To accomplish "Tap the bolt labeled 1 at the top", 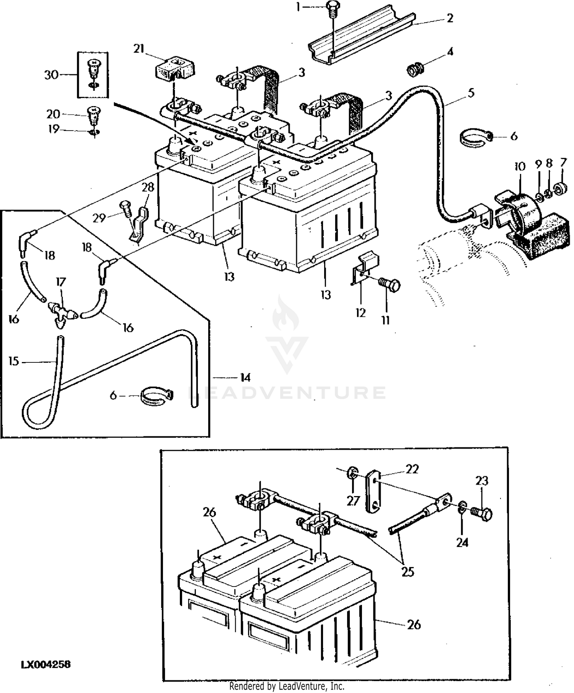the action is tap(332, 8).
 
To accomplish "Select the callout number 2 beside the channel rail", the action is tap(450, 18).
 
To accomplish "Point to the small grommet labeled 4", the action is tap(413, 70).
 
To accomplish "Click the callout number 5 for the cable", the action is tap(471, 93).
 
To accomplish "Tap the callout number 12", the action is tap(361, 313).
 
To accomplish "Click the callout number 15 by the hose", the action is tap(14, 361).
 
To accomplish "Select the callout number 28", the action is tap(148, 187).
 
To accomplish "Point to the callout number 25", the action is tap(408, 572).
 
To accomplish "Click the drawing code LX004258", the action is tap(46, 664).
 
